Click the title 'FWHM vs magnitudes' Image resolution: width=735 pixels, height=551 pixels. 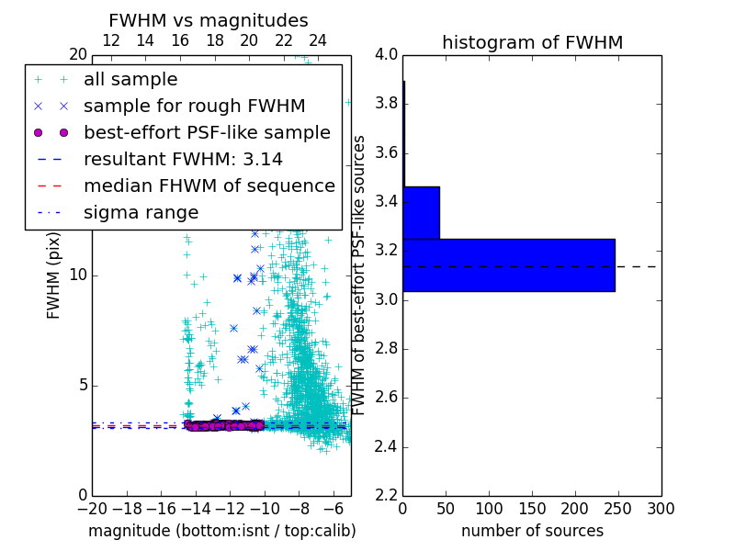point(209,20)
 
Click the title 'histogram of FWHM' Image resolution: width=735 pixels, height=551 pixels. point(532,42)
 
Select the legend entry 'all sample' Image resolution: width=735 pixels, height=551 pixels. point(130,80)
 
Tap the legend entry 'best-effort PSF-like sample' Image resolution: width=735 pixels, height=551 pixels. point(207,133)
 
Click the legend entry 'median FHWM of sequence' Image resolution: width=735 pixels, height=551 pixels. point(209,186)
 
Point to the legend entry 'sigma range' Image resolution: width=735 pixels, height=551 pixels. point(141,213)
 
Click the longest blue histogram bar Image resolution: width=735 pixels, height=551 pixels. point(508,264)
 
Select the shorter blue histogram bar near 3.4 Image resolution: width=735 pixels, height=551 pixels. point(421,212)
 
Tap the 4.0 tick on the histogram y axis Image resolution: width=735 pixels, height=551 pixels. point(387,54)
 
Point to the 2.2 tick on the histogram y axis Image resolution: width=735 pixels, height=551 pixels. point(387,496)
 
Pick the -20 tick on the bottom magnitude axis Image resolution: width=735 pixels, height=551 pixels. point(92,509)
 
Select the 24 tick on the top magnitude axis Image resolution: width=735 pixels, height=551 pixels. point(318,40)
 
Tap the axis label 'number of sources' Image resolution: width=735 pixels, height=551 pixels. point(532,531)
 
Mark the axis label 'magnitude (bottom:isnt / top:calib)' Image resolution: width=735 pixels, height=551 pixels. point(221,531)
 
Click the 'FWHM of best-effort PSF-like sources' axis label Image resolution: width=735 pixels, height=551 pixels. point(360,275)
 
